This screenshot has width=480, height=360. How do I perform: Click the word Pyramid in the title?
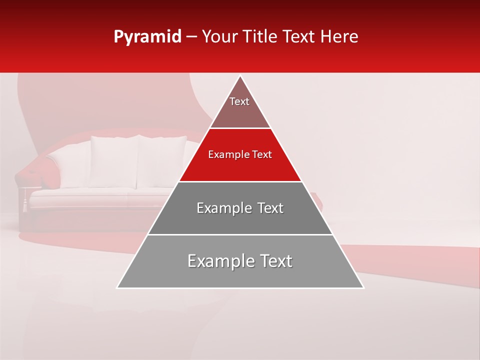[147, 37]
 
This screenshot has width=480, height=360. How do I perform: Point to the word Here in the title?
[339, 37]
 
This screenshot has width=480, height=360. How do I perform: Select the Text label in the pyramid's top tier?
[239, 101]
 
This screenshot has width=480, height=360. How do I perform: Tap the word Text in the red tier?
[262, 155]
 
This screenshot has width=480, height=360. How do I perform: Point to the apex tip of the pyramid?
[240, 76]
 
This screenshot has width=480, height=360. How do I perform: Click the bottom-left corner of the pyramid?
[117, 287]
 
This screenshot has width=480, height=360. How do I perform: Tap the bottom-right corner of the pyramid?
[363, 287]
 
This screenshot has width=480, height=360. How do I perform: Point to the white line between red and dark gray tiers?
[240, 181]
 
